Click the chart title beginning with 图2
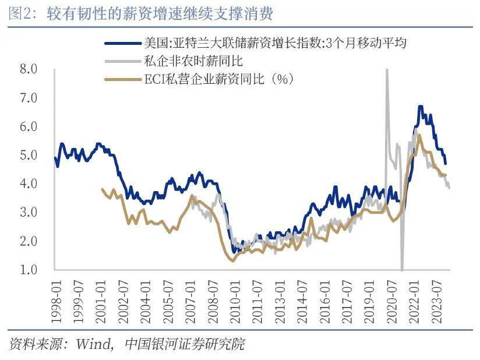coord(140,13)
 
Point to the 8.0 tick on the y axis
coord(29,69)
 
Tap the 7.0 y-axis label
coord(29,98)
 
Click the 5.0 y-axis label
coord(29,156)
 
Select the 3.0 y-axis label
coord(29,213)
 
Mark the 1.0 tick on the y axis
coord(29,270)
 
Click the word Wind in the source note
coord(93,344)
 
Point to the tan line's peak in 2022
coord(419,135)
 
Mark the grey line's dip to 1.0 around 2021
coord(402,269)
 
